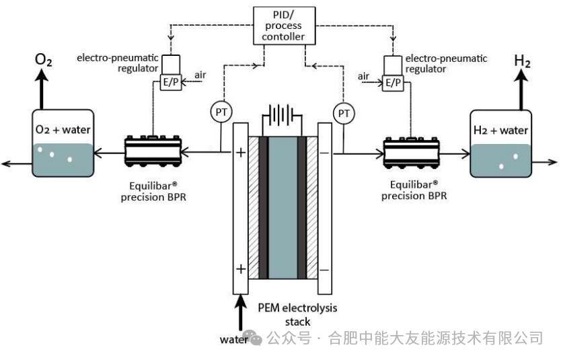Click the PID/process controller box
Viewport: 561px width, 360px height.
pos(282,24)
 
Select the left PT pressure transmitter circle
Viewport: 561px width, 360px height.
pos(221,112)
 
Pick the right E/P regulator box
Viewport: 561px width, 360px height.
pos(392,82)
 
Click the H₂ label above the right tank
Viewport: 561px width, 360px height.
pos(523,61)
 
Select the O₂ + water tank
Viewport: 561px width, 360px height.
pos(62,143)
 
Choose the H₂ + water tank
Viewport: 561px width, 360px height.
pos(500,143)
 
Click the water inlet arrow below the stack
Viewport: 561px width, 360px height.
pos(239,316)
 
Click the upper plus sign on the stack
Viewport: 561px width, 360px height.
pos(240,153)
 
